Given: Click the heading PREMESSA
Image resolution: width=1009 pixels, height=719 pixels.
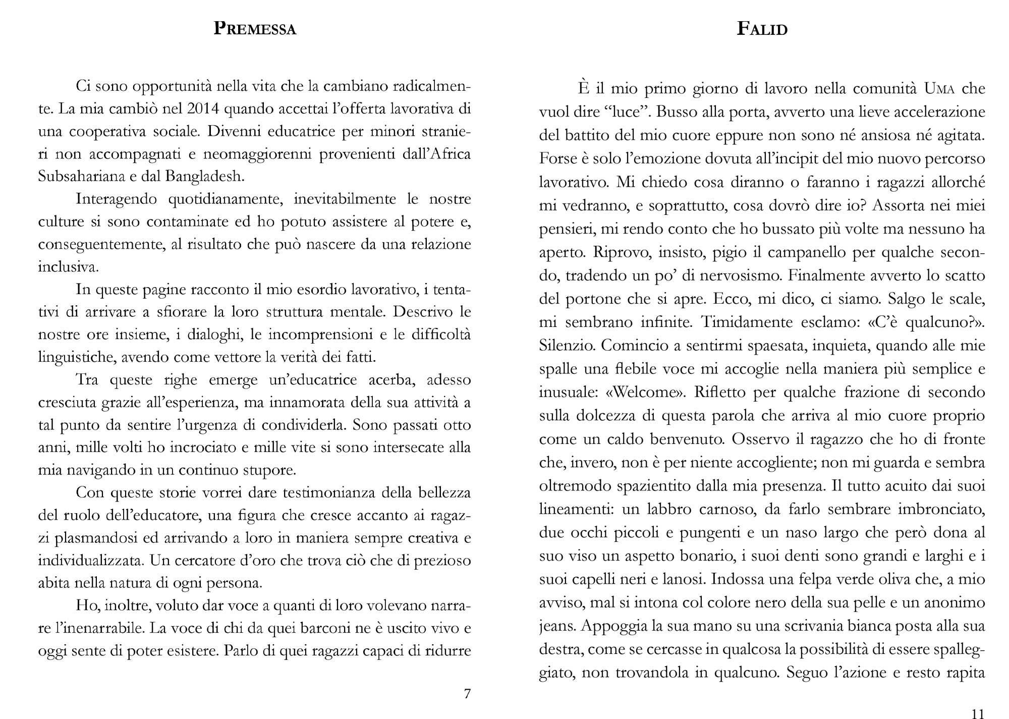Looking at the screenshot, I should tap(255, 29).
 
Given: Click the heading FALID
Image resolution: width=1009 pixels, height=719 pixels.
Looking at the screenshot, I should tap(762, 29).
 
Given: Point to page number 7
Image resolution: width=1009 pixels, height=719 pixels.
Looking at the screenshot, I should tap(467, 693).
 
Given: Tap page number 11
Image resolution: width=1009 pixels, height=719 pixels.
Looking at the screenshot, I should tap(978, 712).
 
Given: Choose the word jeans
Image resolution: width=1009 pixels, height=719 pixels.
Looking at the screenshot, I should tap(556, 626).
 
